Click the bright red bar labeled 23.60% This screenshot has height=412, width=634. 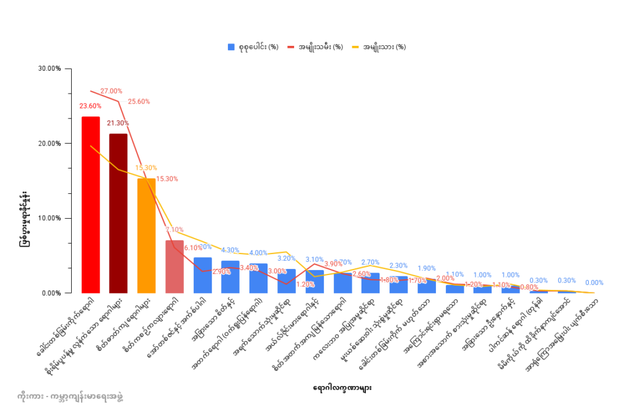pos(90,204)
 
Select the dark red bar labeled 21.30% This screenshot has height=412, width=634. pos(118,213)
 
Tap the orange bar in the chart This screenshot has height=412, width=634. pos(146,235)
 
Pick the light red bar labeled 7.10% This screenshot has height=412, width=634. pos(175,266)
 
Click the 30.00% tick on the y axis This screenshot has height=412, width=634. pos(49,69)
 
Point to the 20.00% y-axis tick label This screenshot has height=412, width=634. pos(49,144)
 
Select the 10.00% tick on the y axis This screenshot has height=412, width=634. pos(49,218)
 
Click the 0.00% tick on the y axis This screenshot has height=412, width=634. pos(51,293)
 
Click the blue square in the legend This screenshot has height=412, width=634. pos(232,47)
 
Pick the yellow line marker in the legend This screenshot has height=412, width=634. pos(356,47)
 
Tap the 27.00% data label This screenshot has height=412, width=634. pos(111,91)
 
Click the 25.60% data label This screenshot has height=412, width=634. pos(139,102)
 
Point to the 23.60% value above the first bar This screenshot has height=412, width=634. pos(90,107)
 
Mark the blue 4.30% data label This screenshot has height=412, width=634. pos(230,250)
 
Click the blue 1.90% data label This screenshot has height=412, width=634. pos(426,269)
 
